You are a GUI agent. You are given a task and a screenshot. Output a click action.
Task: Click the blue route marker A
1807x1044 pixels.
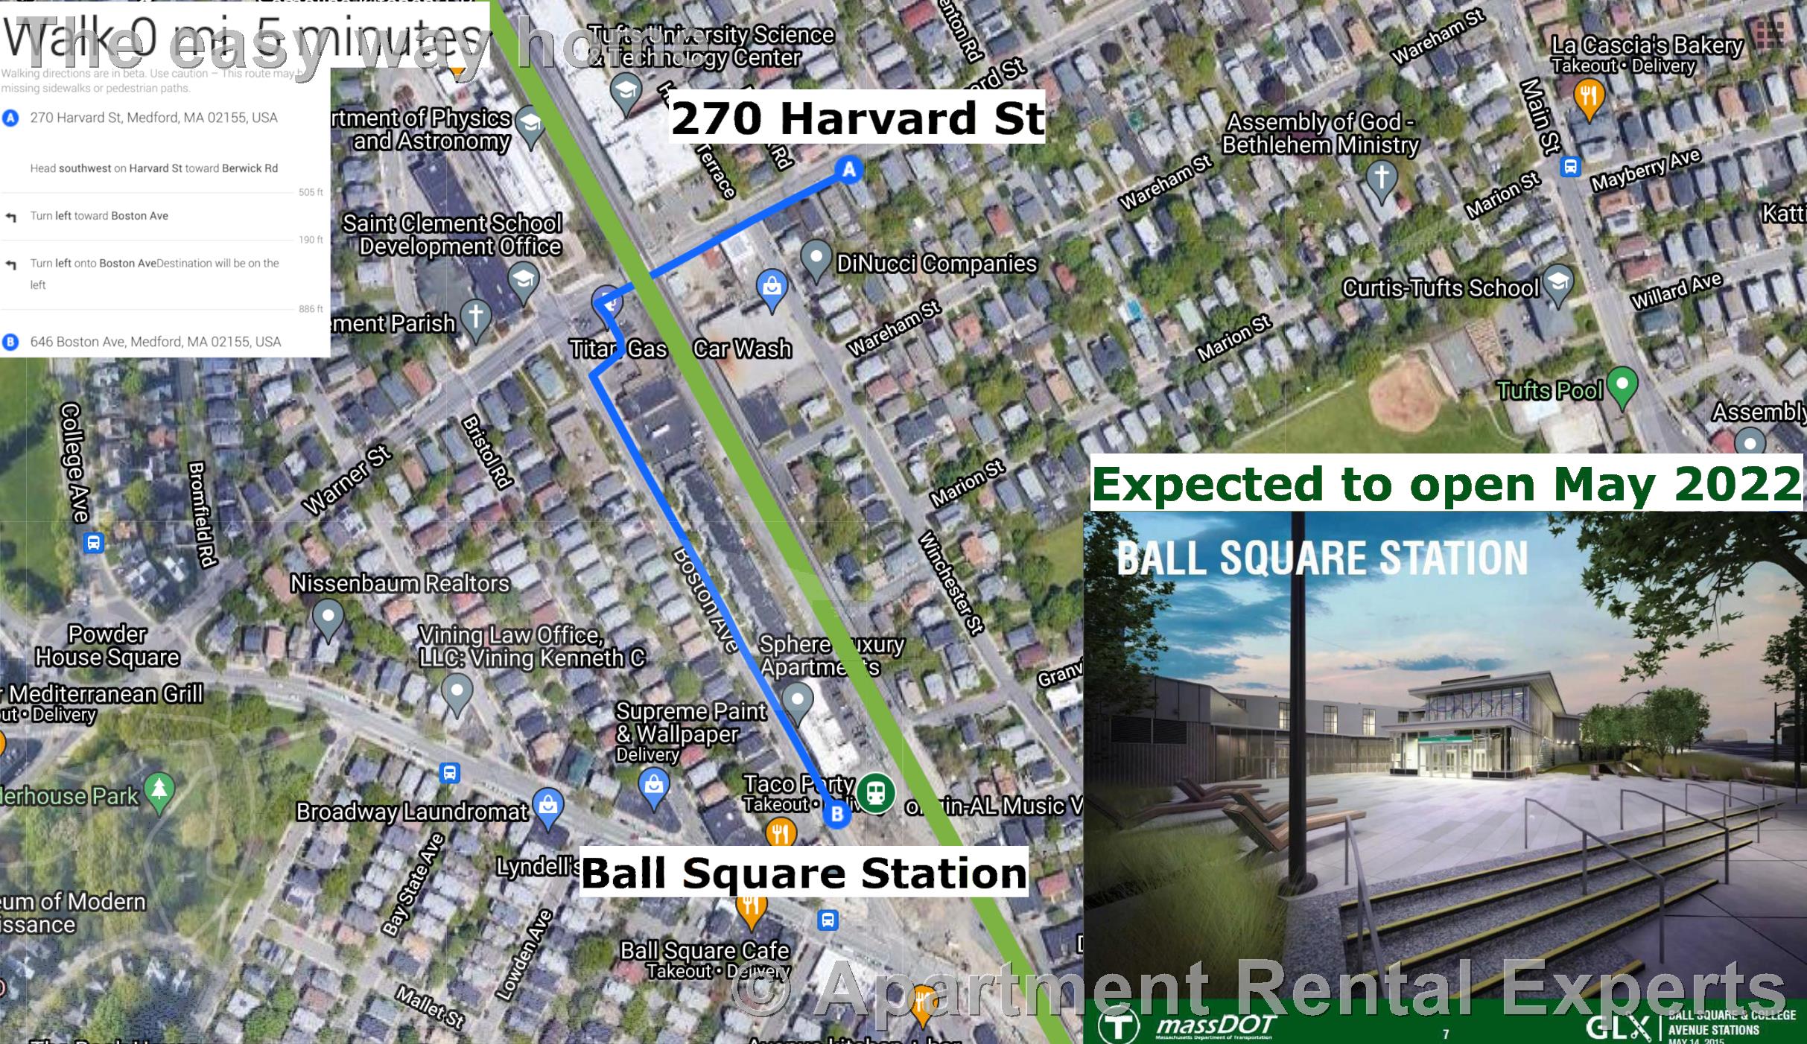pos(848,170)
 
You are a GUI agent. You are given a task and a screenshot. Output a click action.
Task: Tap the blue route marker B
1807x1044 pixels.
pos(836,814)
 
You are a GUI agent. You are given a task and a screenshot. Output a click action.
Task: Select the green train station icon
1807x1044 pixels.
pos(875,792)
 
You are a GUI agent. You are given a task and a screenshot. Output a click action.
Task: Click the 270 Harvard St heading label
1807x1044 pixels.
pos(857,118)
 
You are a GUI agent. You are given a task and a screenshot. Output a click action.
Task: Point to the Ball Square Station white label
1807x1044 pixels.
pos(804,873)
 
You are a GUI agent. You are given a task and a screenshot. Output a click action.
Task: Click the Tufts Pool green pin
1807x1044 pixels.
pos(1622,385)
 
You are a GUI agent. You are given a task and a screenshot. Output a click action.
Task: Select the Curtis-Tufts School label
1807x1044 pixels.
pos(1440,288)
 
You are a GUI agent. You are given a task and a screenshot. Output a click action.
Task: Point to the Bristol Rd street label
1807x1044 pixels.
pos(487,452)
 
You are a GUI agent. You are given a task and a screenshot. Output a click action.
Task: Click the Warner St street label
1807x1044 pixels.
pos(346,480)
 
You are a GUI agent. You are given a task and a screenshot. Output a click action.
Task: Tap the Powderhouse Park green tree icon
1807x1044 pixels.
pos(159,791)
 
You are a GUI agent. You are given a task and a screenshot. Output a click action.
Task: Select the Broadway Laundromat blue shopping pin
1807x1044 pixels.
pos(548,807)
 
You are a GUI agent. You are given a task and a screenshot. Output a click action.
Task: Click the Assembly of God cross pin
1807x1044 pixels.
pos(1381,179)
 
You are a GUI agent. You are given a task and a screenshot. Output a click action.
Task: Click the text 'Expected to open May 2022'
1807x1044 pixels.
pos(1446,484)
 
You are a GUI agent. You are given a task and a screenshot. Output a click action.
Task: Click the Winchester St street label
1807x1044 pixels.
pos(950,582)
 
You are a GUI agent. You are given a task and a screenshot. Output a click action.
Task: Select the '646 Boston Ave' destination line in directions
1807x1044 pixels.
pos(155,342)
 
